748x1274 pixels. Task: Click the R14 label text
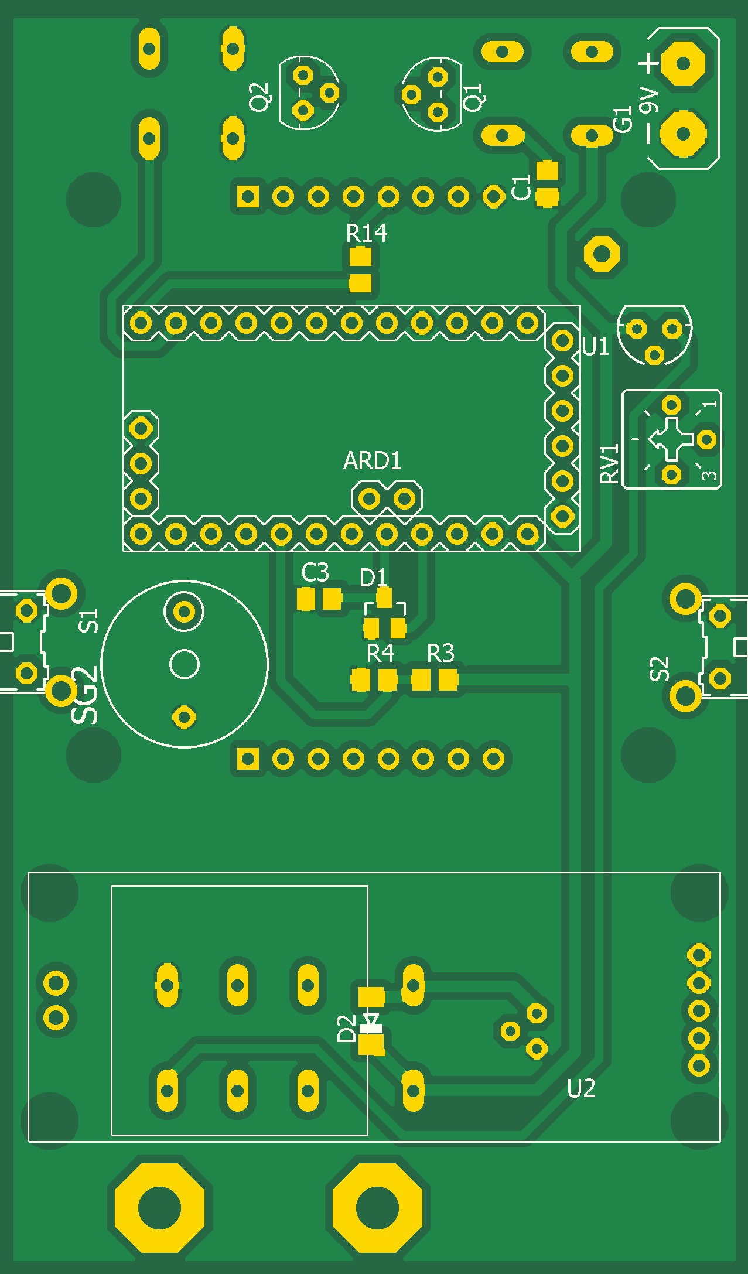tap(367, 234)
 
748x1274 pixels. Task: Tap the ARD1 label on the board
tap(373, 461)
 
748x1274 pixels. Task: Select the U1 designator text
tap(596, 347)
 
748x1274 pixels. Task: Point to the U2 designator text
tap(581, 1089)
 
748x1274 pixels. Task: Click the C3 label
tap(315, 573)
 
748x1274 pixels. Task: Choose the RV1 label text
tap(610, 463)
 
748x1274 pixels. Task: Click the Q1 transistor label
tap(473, 97)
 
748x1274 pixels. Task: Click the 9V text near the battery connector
tap(648, 100)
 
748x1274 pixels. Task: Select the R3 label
tap(440, 653)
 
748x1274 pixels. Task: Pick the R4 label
tap(380, 653)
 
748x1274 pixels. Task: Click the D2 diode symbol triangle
tap(371, 1019)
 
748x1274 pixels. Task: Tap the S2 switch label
tap(660, 669)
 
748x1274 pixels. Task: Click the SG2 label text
tap(85, 695)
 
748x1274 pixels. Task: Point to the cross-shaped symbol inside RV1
tap(671, 439)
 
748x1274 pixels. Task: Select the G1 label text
tap(623, 119)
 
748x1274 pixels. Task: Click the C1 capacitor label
tap(521, 187)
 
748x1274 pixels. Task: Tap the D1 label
tap(373, 578)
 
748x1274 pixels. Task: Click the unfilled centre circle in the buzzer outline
tap(185, 664)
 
